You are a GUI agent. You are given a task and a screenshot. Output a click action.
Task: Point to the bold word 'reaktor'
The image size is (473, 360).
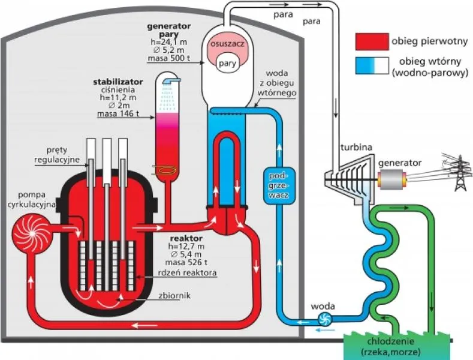pos(186,238)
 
